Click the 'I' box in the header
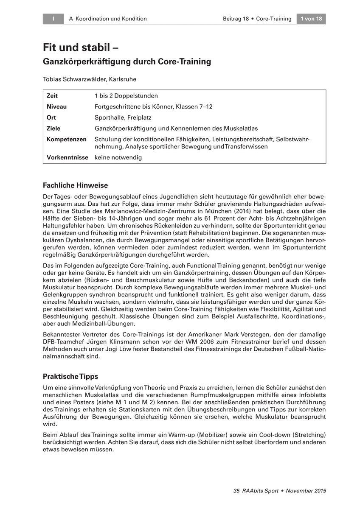click(53, 19)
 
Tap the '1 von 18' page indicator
click(311, 19)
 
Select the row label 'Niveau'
click(56, 106)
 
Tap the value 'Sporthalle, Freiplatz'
click(123, 117)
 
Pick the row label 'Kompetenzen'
click(66, 139)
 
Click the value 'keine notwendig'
click(118, 157)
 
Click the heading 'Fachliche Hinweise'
click(76, 185)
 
